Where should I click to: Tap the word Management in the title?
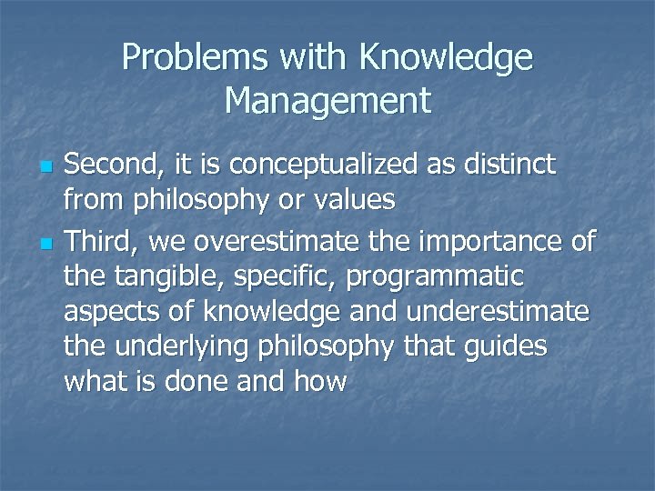pyautogui.click(x=327, y=99)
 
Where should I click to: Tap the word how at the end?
pyautogui.click(x=318, y=381)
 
